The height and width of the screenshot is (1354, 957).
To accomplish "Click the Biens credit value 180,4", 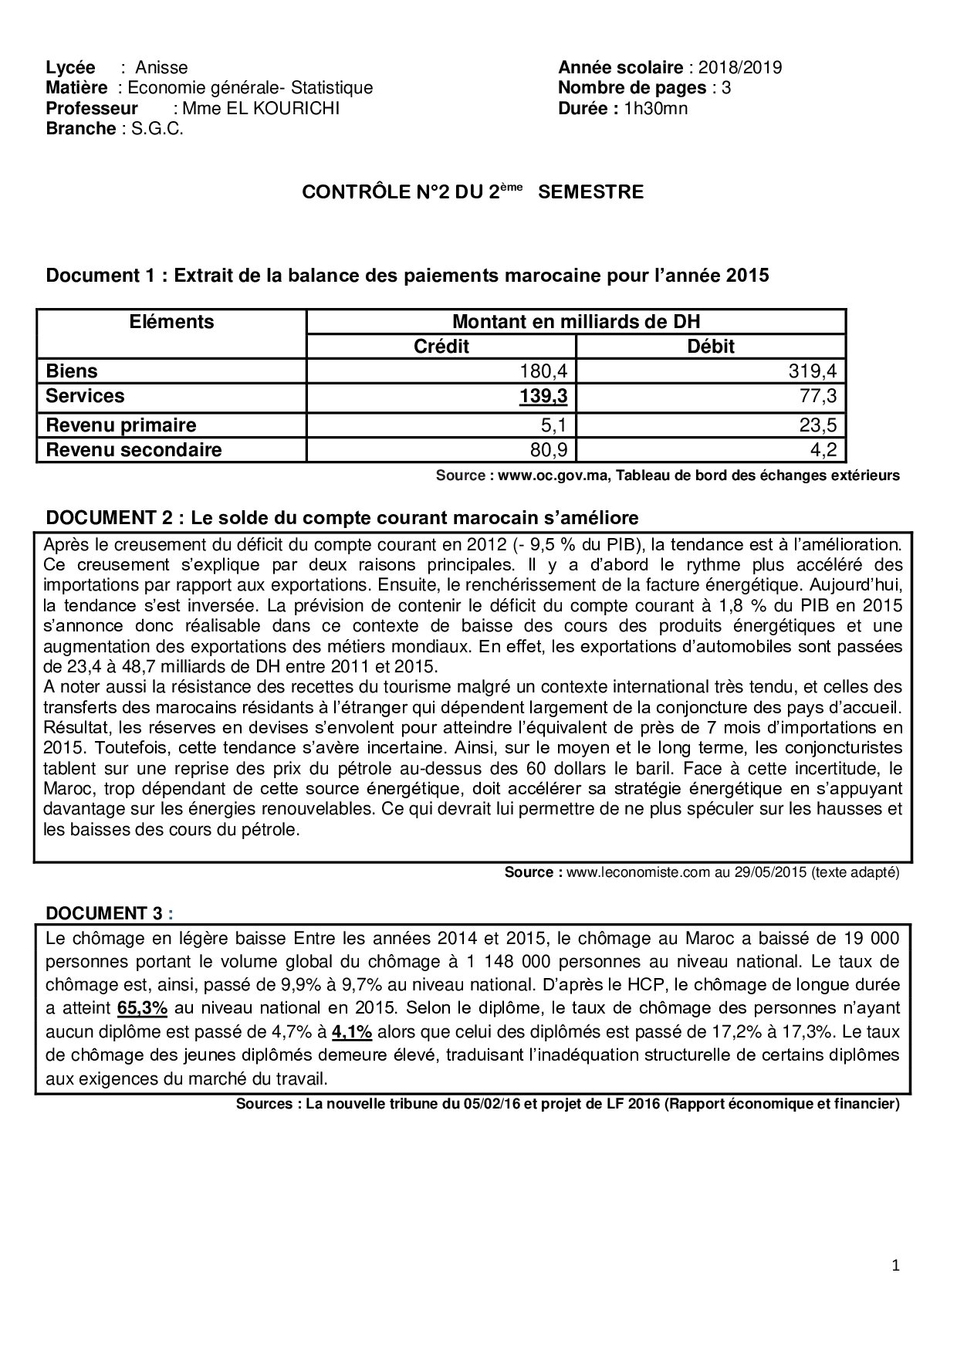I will pos(550,371).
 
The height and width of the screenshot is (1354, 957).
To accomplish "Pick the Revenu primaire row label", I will pos(121,425).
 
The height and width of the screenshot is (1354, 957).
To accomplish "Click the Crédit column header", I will pos(441,347).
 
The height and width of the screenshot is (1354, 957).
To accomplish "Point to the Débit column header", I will pos(711,347).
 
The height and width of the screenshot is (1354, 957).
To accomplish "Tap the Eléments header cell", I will pos(171,322).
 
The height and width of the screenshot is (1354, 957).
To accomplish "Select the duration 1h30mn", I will pos(655,108).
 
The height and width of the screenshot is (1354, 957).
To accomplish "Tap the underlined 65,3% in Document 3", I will pos(142,1008).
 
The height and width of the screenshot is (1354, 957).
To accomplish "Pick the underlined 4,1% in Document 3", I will pos(352,1031).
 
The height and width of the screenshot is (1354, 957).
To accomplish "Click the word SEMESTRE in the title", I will pos(590,192).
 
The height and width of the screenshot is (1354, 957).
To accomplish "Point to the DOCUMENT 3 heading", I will pos(104,913).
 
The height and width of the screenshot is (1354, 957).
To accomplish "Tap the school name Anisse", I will pos(161,67).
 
